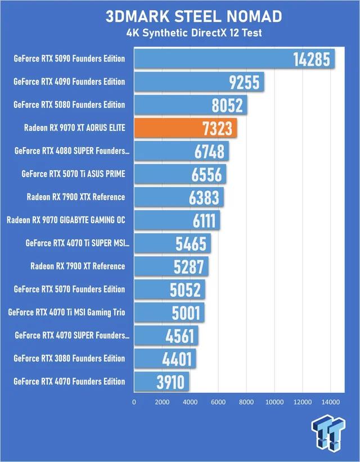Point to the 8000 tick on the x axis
(x=246, y=402)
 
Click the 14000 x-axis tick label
(x=330, y=402)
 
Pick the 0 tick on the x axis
(x=134, y=402)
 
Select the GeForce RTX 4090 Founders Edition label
(x=69, y=82)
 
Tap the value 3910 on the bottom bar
(x=170, y=382)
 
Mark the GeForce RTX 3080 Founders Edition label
(x=69, y=359)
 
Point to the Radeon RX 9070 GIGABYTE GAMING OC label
(x=66, y=220)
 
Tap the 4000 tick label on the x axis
(x=190, y=402)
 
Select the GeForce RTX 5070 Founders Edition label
(x=69, y=289)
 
